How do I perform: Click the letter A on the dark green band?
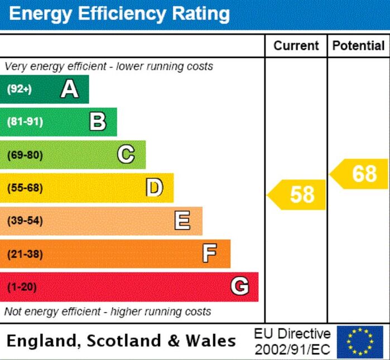tap(69, 89)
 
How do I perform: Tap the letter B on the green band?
tap(98, 121)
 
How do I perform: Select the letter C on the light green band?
tap(126, 155)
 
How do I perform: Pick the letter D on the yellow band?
tap(154, 188)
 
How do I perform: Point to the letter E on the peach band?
tap(182, 221)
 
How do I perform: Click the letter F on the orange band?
tap(210, 254)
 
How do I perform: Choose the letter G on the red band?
tap(239, 286)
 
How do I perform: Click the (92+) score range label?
tap(20, 89)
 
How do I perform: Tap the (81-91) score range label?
tap(25, 122)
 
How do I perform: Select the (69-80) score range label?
tap(25, 155)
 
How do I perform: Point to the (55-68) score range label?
tap(25, 188)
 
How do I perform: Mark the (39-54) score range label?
tap(25, 221)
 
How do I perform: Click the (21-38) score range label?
tap(25, 254)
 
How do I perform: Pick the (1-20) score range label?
tap(22, 287)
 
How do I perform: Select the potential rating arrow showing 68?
tap(360, 174)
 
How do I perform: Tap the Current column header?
tap(296, 46)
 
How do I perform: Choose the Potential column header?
tap(358, 46)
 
